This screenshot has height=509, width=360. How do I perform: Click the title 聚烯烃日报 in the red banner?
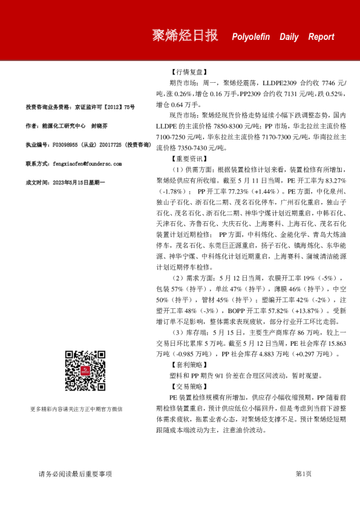point(185,35)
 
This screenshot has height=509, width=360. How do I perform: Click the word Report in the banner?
point(321,37)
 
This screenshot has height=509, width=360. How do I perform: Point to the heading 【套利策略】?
point(189,366)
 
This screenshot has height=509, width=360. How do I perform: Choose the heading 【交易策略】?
point(189,387)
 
